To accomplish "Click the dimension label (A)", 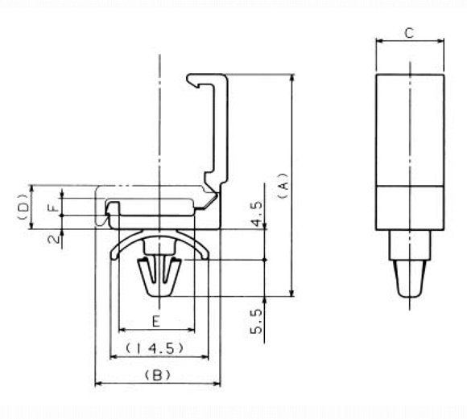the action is click(283, 186).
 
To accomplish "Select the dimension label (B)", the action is click(157, 376).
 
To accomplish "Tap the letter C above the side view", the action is click(410, 33).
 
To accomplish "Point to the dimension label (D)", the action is click(23, 207).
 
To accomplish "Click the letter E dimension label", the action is click(156, 322).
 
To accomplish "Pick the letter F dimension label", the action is click(54, 207).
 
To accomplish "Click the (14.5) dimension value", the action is click(154, 348).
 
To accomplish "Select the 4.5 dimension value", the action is click(256, 214).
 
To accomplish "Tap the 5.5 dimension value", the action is click(256, 321).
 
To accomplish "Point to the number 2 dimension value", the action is click(54, 239).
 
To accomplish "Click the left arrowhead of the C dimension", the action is click(379, 41).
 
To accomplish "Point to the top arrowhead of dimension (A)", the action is click(292, 77).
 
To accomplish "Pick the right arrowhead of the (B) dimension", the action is click(217, 384).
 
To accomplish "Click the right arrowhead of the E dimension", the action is click(191, 330).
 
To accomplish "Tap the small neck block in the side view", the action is click(410, 245).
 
